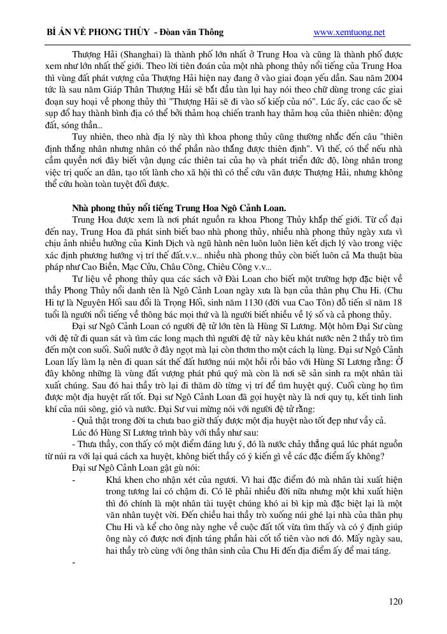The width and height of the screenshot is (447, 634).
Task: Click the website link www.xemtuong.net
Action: pyautogui.click(x=350, y=33)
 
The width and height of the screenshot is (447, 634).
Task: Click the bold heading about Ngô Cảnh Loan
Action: pyautogui.click(x=179, y=207)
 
